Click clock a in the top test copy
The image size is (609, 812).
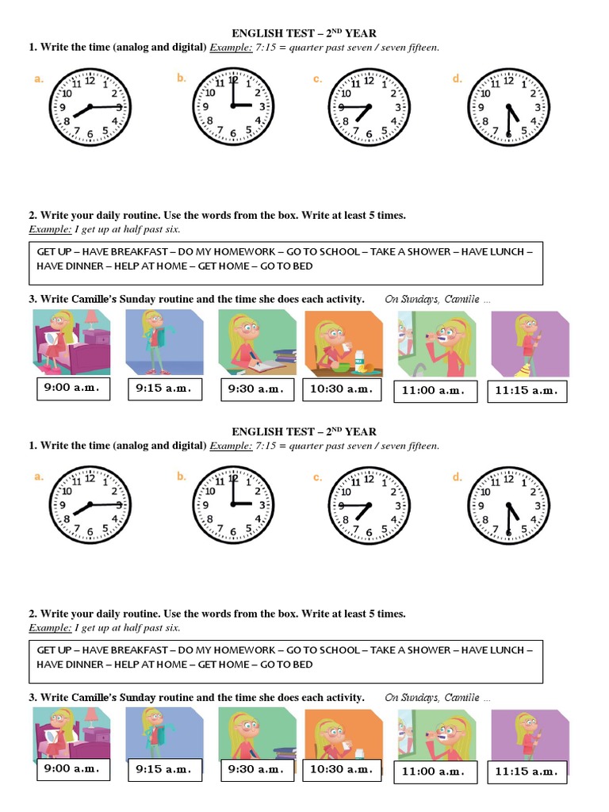(90, 107)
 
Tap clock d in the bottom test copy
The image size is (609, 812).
(508, 505)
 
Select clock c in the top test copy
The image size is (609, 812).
(368, 107)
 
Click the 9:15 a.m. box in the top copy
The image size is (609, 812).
(164, 389)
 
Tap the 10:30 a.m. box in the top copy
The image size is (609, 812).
(341, 389)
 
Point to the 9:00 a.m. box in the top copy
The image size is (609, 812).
(74, 389)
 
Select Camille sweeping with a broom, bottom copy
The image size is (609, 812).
(530, 733)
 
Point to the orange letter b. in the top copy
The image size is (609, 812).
(181, 79)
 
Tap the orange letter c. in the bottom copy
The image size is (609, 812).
(316, 477)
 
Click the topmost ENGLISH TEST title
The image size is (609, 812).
(304, 33)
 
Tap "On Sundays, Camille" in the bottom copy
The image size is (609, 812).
(438, 698)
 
